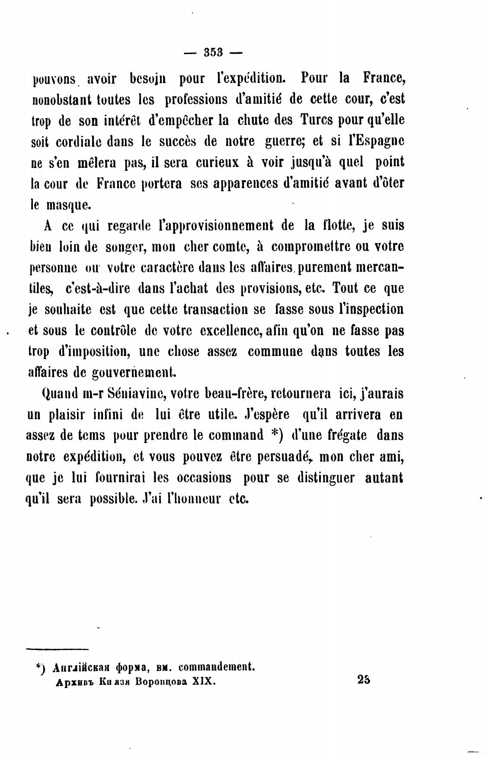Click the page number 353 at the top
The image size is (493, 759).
coord(213,52)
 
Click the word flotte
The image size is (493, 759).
coord(336,225)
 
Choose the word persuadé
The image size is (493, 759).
coord(285,457)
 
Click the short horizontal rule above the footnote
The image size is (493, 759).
coord(57,649)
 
